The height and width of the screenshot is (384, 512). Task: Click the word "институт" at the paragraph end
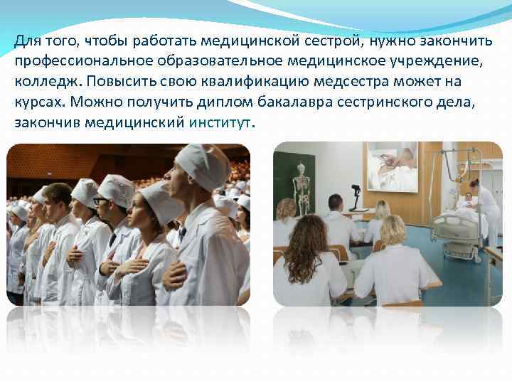220,122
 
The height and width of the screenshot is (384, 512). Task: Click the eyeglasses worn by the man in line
100,201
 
